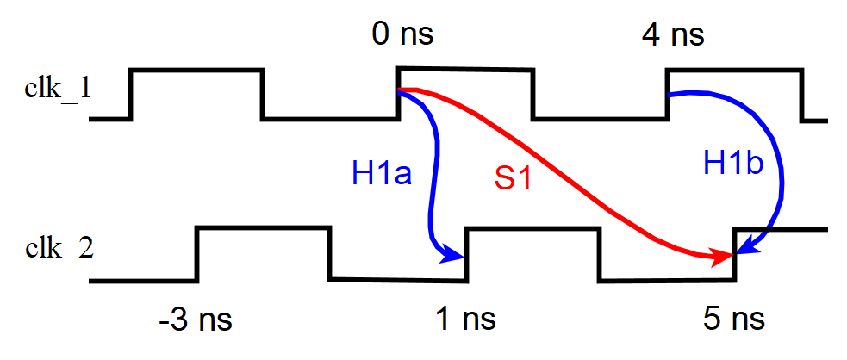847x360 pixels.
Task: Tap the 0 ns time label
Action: point(402,34)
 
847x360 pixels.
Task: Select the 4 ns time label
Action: point(673,34)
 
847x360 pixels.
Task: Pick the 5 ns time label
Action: point(734,320)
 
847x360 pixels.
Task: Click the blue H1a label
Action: point(381,174)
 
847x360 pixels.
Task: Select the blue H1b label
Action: point(733,163)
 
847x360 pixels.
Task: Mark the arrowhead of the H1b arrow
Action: point(743,251)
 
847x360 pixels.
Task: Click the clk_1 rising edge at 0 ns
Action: point(397,93)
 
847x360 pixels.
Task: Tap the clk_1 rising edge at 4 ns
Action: point(668,94)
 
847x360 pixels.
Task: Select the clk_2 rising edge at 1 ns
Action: point(466,254)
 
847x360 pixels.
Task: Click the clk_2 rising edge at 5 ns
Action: point(734,254)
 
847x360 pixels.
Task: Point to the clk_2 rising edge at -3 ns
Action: point(198,254)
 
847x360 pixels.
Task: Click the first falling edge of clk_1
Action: point(263,94)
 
